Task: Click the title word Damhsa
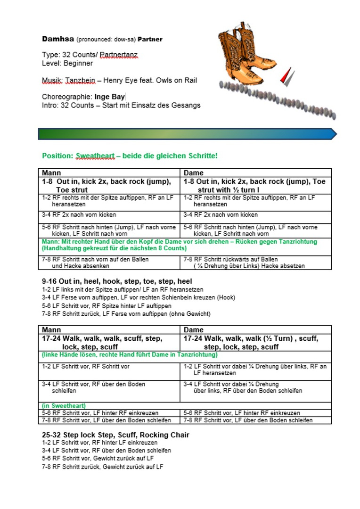click(58, 39)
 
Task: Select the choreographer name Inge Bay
click(109, 97)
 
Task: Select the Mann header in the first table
click(51, 173)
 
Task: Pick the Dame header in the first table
click(193, 173)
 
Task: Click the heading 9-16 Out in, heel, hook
click(117, 281)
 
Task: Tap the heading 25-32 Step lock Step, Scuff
click(115, 435)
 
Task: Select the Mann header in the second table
click(51, 330)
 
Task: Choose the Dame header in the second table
click(193, 330)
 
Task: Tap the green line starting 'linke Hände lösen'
click(130, 354)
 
